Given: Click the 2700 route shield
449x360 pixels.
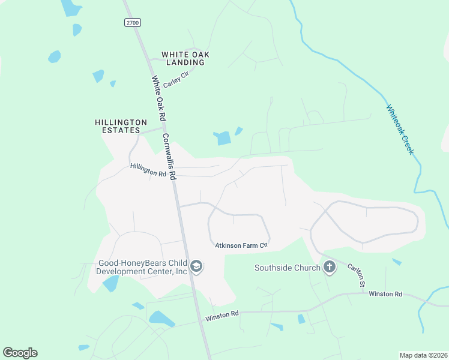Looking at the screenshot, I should (x=133, y=23).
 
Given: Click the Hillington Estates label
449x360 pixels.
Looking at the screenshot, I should (x=121, y=125).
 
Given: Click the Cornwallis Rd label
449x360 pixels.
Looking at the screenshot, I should (x=169, y=157).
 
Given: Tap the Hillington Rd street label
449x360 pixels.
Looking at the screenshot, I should (x=148, y=170).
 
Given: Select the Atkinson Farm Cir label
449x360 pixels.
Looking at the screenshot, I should (x=240, y=245).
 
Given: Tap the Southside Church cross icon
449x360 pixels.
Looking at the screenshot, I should (x=329, y=268).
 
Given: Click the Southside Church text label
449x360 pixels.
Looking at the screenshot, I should (x=287, y=268).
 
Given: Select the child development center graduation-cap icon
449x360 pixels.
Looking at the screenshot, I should (x=196, y=266).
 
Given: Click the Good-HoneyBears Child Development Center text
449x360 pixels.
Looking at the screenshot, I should (x=142, y=267).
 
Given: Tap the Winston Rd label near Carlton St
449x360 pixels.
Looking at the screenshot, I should (x=385, y=293).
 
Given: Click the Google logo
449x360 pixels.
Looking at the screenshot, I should (x=20, y=353).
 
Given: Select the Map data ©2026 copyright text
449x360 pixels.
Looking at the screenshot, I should (x=423, y=355).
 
